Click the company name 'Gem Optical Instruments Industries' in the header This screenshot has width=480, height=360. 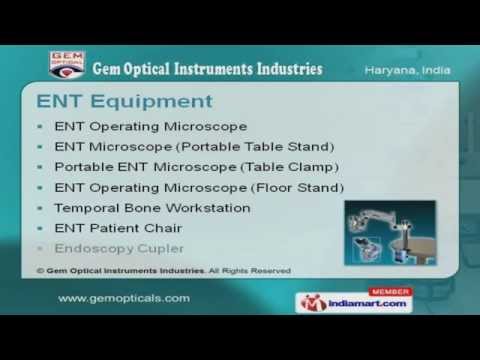tap(207, 69)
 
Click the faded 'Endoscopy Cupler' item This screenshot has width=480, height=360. tap(115, 247)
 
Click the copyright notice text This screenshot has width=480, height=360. tap(164, 270)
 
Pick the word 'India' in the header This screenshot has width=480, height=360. tap(434, 71)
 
